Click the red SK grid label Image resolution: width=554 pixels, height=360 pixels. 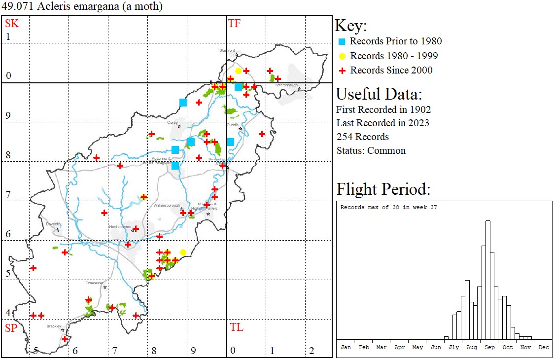click(12, 24)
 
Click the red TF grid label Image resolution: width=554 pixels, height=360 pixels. click(234, 24)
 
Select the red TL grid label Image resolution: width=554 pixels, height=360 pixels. click(236, 327)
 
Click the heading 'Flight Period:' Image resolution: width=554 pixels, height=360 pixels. click(383, 189)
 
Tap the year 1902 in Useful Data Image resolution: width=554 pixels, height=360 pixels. click(420, 109)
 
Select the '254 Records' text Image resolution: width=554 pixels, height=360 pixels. click(362, 137)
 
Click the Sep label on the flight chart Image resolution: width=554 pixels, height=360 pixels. click(489, 347)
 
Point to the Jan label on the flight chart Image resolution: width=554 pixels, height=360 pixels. click(346, 347)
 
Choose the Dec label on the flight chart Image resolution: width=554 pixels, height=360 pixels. click(544, 347)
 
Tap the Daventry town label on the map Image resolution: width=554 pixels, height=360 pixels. click(53, 224)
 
